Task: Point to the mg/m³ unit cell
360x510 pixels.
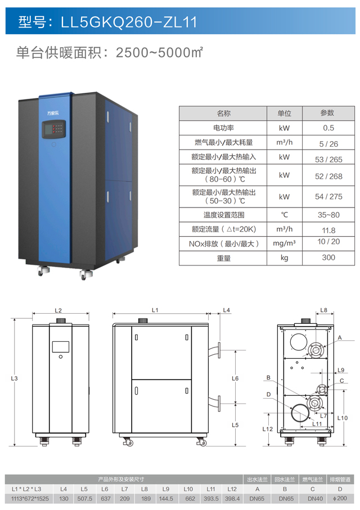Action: (285, 244)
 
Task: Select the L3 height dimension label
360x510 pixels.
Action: (15, 378)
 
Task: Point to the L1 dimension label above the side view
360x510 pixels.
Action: (155, 310)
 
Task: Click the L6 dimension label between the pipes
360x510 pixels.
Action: (236, 378)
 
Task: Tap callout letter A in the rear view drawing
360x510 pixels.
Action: (340, 337)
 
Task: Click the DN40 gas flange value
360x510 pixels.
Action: (313, 498)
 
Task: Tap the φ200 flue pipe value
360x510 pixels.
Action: (341, 498)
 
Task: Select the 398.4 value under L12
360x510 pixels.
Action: (232, 498)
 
